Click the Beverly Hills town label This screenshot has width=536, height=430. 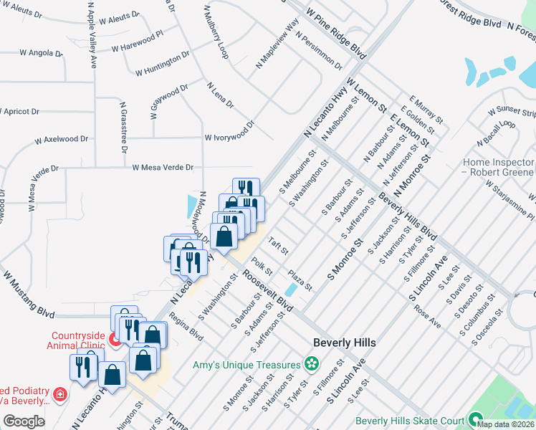click(345, 343)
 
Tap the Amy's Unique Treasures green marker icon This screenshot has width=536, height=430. click(310, 364)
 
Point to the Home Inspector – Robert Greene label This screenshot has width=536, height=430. click(498, 168)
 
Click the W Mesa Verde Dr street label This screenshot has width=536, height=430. click(163, 168)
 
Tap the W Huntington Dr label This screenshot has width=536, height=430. click(163, 64)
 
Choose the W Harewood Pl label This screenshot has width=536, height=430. click(138, 42)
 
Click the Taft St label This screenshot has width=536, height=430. click(278, 247)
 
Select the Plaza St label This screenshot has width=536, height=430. click(300, 279)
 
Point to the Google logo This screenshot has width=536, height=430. click(24, 421)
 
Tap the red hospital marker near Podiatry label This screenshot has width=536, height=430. click(60, 393)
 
